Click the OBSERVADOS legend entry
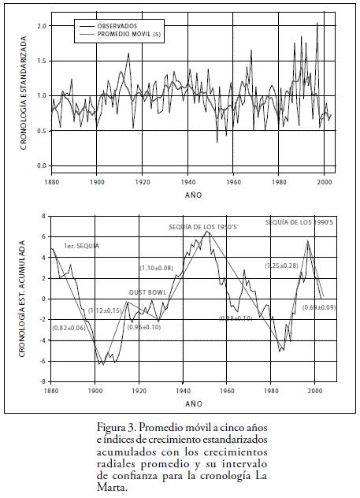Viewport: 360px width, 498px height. tap(117, 26)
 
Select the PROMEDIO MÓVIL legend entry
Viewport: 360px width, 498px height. tap(129, 34)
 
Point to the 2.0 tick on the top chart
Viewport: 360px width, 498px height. tap(43, 26)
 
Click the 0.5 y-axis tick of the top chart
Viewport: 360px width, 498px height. tap(43, 131)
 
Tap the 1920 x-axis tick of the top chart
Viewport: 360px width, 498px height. tap(142, 182)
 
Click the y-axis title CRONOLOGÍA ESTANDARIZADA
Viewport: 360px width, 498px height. tap(24, 93)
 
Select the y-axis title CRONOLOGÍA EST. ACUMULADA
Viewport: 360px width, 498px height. tap(21, 299)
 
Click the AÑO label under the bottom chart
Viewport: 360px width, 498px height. tap(194, 403)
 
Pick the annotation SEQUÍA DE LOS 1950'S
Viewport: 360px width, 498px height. tap(202, 227)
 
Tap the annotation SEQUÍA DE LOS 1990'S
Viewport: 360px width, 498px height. tap(299, 222)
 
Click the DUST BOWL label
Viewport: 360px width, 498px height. tap(147, 292)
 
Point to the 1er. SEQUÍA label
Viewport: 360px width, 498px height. tap(82, 246)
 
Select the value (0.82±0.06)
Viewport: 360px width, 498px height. tap(69, 328)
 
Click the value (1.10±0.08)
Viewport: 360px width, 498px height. tap(157, 268)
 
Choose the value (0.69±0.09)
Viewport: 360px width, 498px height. tap(319, 307)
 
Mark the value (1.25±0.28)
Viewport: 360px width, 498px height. tap(281, 266)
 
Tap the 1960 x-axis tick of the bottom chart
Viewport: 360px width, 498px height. tap(227, 390)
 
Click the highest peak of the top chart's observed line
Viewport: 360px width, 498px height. tap(317, 23)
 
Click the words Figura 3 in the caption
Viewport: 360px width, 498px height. tap(117, 428)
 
